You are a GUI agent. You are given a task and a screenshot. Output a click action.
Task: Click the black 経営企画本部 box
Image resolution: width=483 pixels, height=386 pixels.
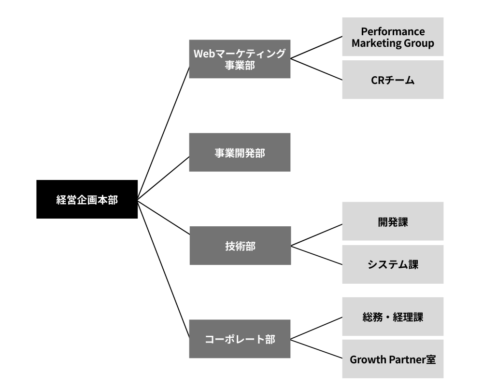coord(87,199)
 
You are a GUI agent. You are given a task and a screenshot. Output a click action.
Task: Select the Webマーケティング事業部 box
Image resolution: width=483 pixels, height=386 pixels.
coord(240,59)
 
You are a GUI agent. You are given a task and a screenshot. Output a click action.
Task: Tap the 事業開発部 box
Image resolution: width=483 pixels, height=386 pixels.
coord(240,152)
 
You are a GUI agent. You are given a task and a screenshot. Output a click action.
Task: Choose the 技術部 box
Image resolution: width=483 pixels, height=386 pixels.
coord(240,246)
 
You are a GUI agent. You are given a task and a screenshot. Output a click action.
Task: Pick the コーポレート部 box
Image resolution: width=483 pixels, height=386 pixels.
coord(240,339)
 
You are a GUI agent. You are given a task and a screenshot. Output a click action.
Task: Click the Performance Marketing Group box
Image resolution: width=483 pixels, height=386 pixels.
coord(393,37)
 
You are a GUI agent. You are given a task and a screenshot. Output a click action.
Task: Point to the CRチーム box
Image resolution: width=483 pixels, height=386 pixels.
coord(393,80)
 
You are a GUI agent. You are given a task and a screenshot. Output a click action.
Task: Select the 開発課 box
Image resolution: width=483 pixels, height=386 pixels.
coord(393,221)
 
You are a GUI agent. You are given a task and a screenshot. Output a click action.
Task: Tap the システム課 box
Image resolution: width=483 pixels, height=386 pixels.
coord(393,264)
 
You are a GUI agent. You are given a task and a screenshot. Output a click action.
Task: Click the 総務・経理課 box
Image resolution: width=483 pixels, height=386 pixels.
coord(393,317)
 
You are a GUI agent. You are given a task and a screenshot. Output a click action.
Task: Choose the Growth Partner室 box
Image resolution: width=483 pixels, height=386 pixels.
coord(393,359)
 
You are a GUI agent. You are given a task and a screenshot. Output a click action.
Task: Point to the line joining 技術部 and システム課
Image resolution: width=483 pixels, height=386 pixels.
coord(317,255)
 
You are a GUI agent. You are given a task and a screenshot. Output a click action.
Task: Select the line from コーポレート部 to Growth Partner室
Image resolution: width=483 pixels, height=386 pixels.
coord(317,349)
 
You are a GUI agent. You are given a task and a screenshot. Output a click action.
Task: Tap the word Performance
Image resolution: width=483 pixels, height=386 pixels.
coord(393,31)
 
